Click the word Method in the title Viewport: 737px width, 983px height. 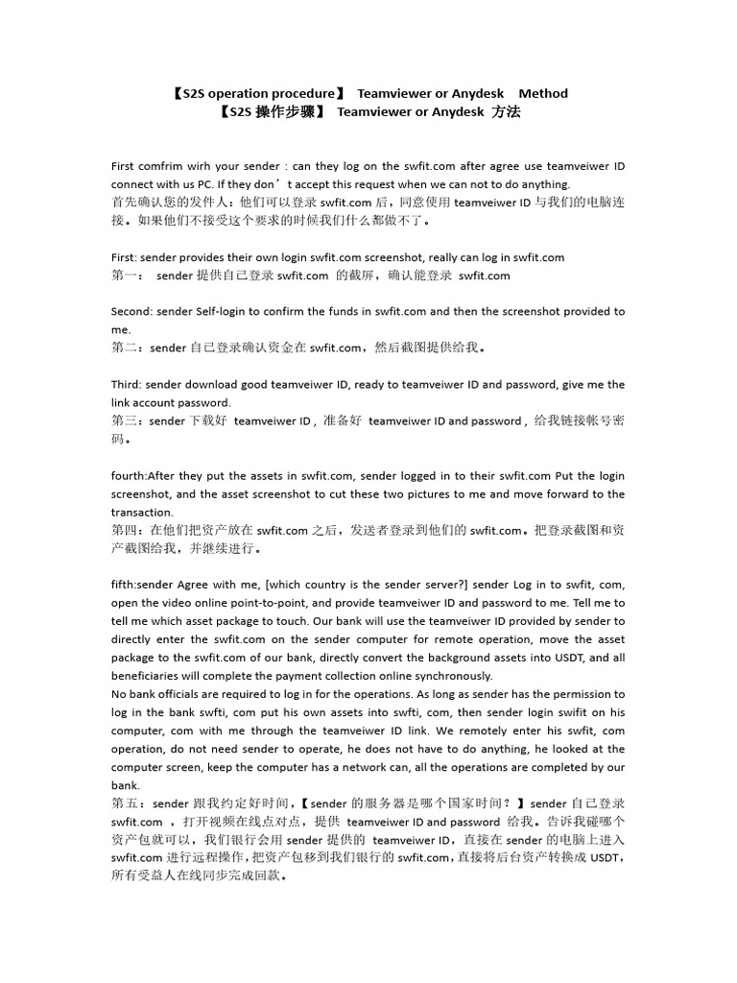click(543, 93)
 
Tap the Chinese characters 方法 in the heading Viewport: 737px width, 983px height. click(506, 111)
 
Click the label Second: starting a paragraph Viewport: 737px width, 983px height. click(131, 311)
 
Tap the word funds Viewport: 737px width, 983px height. click(338, 311)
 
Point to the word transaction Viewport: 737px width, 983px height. click(143, 512)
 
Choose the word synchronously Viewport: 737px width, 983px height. click(460, 675)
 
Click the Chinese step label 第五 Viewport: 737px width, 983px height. click(124, 803)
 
